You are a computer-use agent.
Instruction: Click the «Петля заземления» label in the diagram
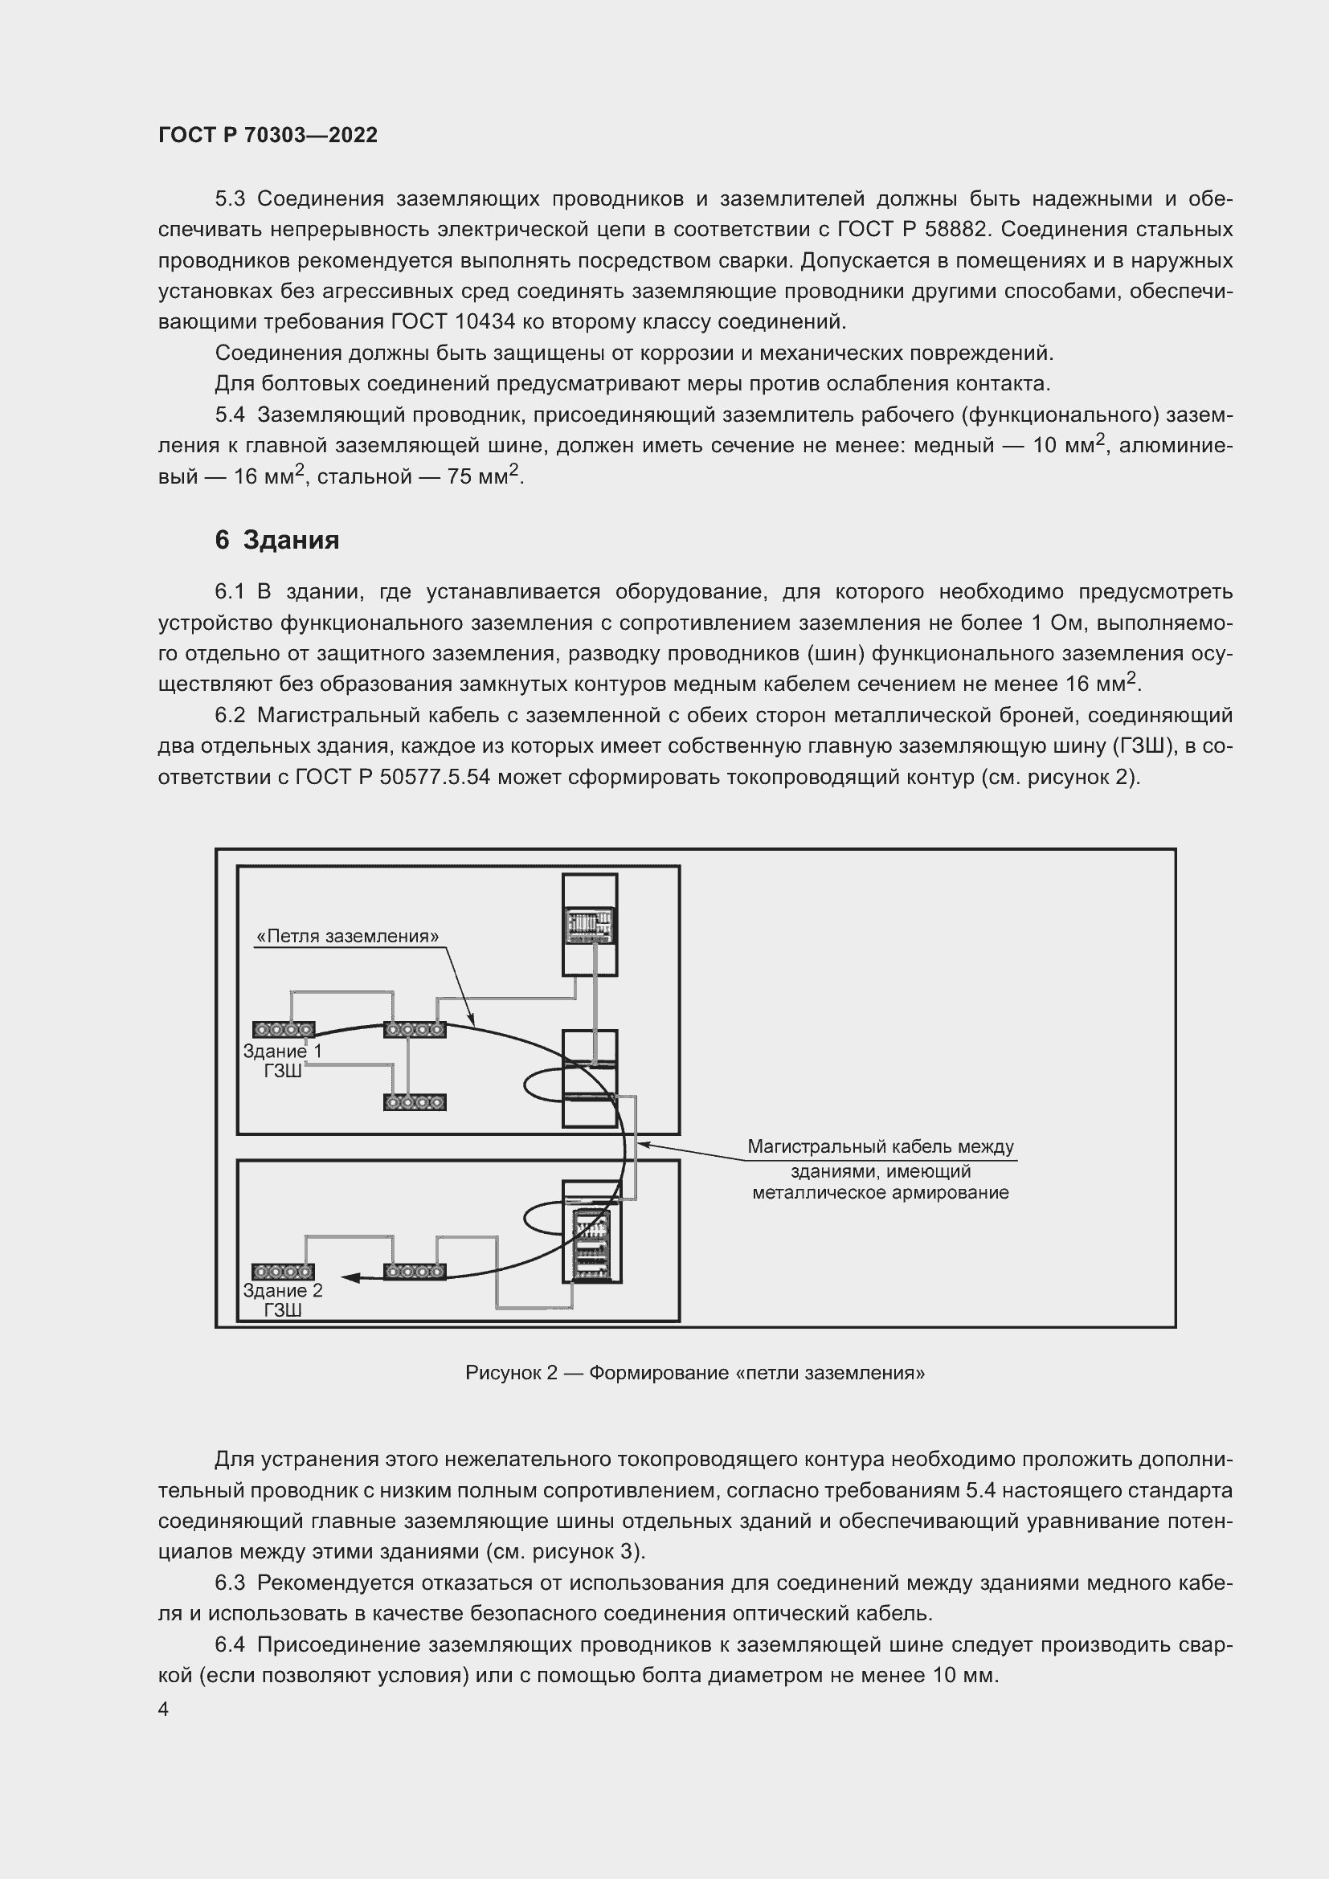point(347,936)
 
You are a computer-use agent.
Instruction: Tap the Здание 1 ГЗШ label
point(282,1060)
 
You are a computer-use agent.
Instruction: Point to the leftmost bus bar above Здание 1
point(283,1030)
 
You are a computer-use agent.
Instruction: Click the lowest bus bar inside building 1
point(415,1102)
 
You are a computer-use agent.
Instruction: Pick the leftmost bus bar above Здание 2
point(283,1272)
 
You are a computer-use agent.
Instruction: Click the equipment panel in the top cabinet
point(589,925)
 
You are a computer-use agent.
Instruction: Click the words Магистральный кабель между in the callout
point(881,1147)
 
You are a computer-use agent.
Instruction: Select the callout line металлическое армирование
point(881,1192)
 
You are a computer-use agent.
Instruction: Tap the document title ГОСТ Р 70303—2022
point(268,136)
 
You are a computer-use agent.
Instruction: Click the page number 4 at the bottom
point(164,1709)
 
